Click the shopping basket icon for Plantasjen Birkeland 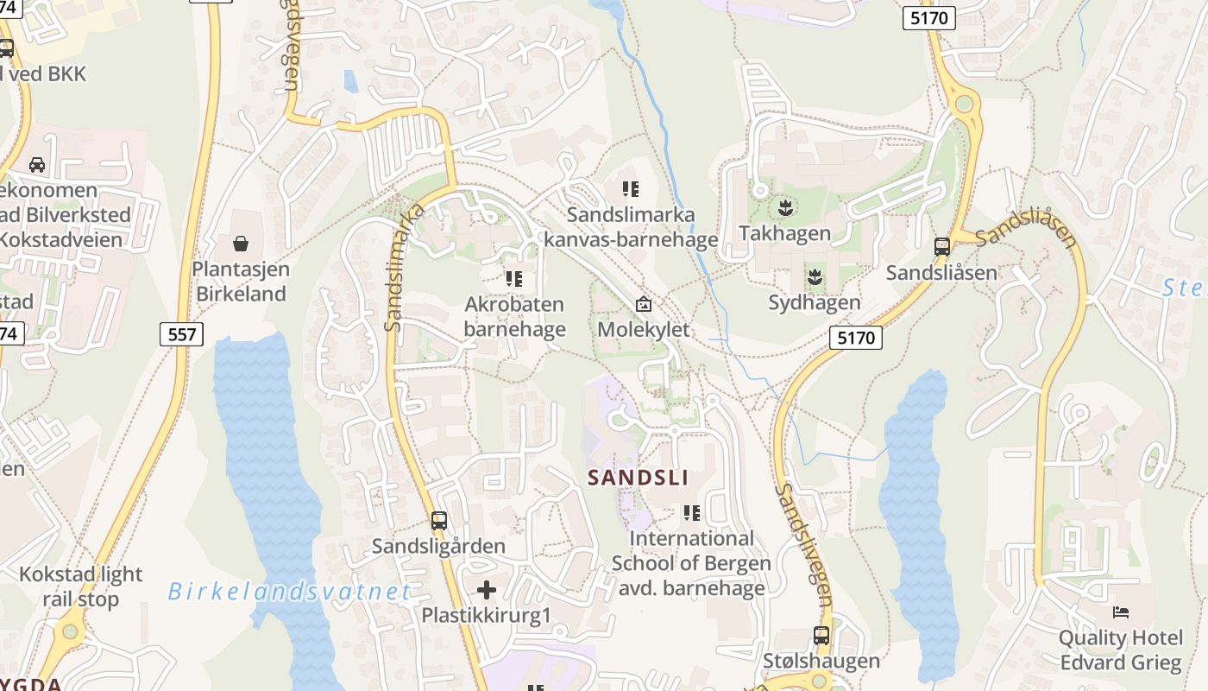(x=241, y=244)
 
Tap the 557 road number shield (x=181, y=333)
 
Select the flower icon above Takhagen (x=785, y=207)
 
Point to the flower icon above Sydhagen (x=814, y=276)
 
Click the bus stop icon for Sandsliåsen (x=942, y=247)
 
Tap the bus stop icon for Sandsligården (x=439, y=520)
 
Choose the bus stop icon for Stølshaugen (x=821, y=636)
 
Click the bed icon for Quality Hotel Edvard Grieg (x=1120, y=612)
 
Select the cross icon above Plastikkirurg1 (x=487, y=590)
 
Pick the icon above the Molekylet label (x=644, y=304)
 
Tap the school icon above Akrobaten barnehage (x=514, y=278)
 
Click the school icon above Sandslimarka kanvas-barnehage (x=631, y=188)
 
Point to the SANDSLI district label (x=638, y=478)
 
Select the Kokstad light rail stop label (x=80, y=586)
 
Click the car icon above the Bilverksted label (x=37, y=164)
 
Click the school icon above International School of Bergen (x=691, y=513)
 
